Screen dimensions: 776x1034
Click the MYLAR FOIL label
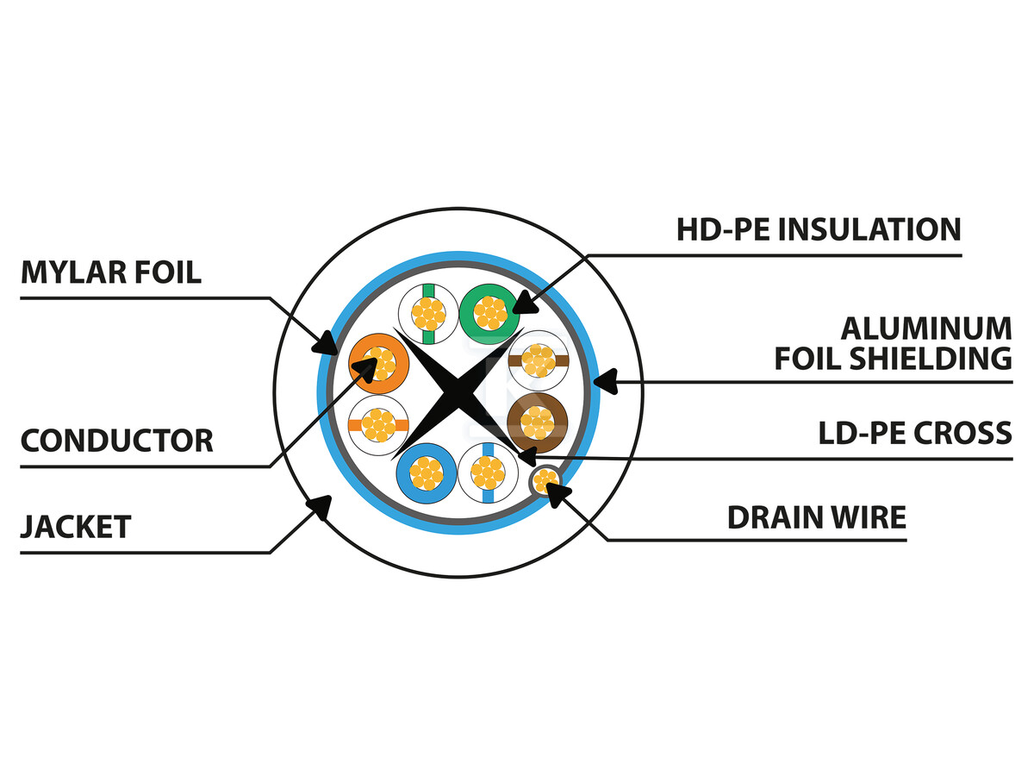click(111, 273)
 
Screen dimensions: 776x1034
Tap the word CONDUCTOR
click(116, 441)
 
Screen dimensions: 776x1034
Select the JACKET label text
click(76, 526)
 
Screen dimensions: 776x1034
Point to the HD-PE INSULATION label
click(818, 230)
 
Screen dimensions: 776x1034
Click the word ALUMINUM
click(926, 329)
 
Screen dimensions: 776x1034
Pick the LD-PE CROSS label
click(914, 433)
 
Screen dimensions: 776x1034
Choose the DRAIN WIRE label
click(816, 517)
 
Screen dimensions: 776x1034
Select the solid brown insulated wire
click(537, 422)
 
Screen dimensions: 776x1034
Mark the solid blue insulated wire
click(427, 472)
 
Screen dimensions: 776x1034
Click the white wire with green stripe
click(428, 313)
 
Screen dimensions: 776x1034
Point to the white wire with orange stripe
click(378, 425)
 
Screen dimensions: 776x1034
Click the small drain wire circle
click(545, 479)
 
